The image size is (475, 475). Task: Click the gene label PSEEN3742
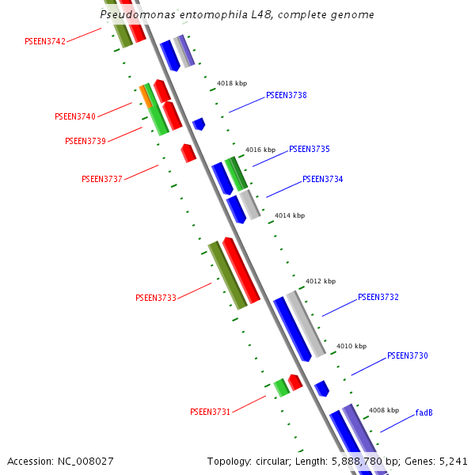click(45, 41)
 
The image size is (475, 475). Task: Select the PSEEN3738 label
click(287, 96)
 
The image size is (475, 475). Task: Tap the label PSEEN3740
click(75, 116)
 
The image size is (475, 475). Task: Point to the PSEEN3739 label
click(85, 141)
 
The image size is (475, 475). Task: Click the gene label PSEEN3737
click(102, 179)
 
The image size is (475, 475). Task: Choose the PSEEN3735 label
click(310, 149)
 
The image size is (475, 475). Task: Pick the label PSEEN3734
click(323, 180)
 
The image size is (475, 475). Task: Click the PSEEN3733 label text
click(156, 298)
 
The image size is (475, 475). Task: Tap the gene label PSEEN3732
click(378, 298)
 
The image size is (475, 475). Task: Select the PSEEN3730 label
click(408, 356)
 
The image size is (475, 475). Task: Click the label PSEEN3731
click(211, 412)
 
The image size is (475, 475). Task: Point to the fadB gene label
click(424, 412)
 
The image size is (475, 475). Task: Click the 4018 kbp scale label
click(232, 83)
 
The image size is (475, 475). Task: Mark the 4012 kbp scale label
click(321, 281)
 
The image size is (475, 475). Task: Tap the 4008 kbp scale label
click(384, 410)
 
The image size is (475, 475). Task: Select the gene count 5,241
click(452, 461)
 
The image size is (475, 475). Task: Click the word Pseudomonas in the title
click(132, 15)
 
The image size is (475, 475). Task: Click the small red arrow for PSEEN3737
click(188, 153)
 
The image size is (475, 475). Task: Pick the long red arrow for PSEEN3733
click(241, 271)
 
